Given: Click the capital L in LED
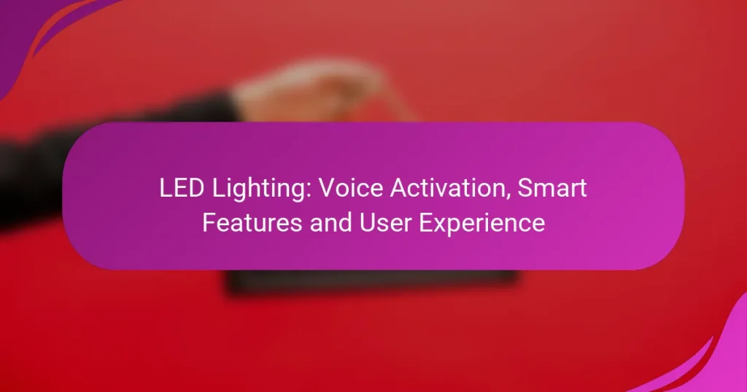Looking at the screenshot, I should coord(163,189).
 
